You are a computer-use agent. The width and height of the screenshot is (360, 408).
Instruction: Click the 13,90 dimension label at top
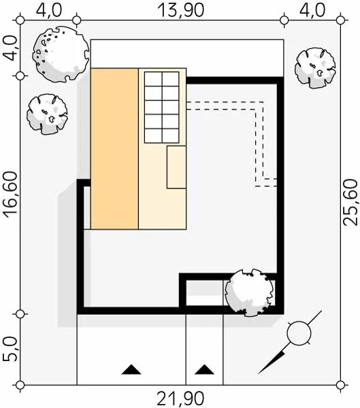click(x=181, y=10)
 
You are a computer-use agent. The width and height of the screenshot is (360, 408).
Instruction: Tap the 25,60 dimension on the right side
click(x=350, y=203)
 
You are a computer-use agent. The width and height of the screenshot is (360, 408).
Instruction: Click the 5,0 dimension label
click(x=10, y=350)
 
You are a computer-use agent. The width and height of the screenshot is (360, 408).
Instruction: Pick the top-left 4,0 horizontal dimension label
click(x=49, y=10)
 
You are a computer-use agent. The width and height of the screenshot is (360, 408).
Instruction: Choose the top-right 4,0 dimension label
click(x=312, y=10)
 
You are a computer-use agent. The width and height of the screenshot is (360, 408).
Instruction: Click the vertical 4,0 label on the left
click(x=10, y=48)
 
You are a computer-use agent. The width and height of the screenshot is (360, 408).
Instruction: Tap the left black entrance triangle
click(x=131, y=369)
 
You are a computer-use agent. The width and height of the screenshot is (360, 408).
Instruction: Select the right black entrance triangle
click(x=204, y=369)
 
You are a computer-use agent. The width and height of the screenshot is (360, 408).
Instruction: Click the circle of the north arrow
click(x=299, y=333)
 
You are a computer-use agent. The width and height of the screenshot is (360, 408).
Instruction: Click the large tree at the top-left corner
click(x=61, y=54)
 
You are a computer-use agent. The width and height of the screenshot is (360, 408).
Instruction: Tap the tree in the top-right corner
click(x=315, y=68)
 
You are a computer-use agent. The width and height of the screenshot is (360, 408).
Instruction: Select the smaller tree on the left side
click(x=47, y=114)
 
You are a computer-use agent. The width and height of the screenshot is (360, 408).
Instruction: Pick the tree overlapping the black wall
click(x=250, y=292)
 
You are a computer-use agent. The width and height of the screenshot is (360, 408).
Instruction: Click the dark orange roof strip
click(x=114, y=148)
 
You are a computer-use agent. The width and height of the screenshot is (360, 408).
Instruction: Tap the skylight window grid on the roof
click(x=162, y=107)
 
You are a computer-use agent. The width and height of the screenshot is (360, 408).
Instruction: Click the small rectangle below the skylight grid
click(x=176, y=167)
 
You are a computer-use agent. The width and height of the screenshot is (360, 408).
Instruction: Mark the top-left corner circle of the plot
click(x=20, y=20)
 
